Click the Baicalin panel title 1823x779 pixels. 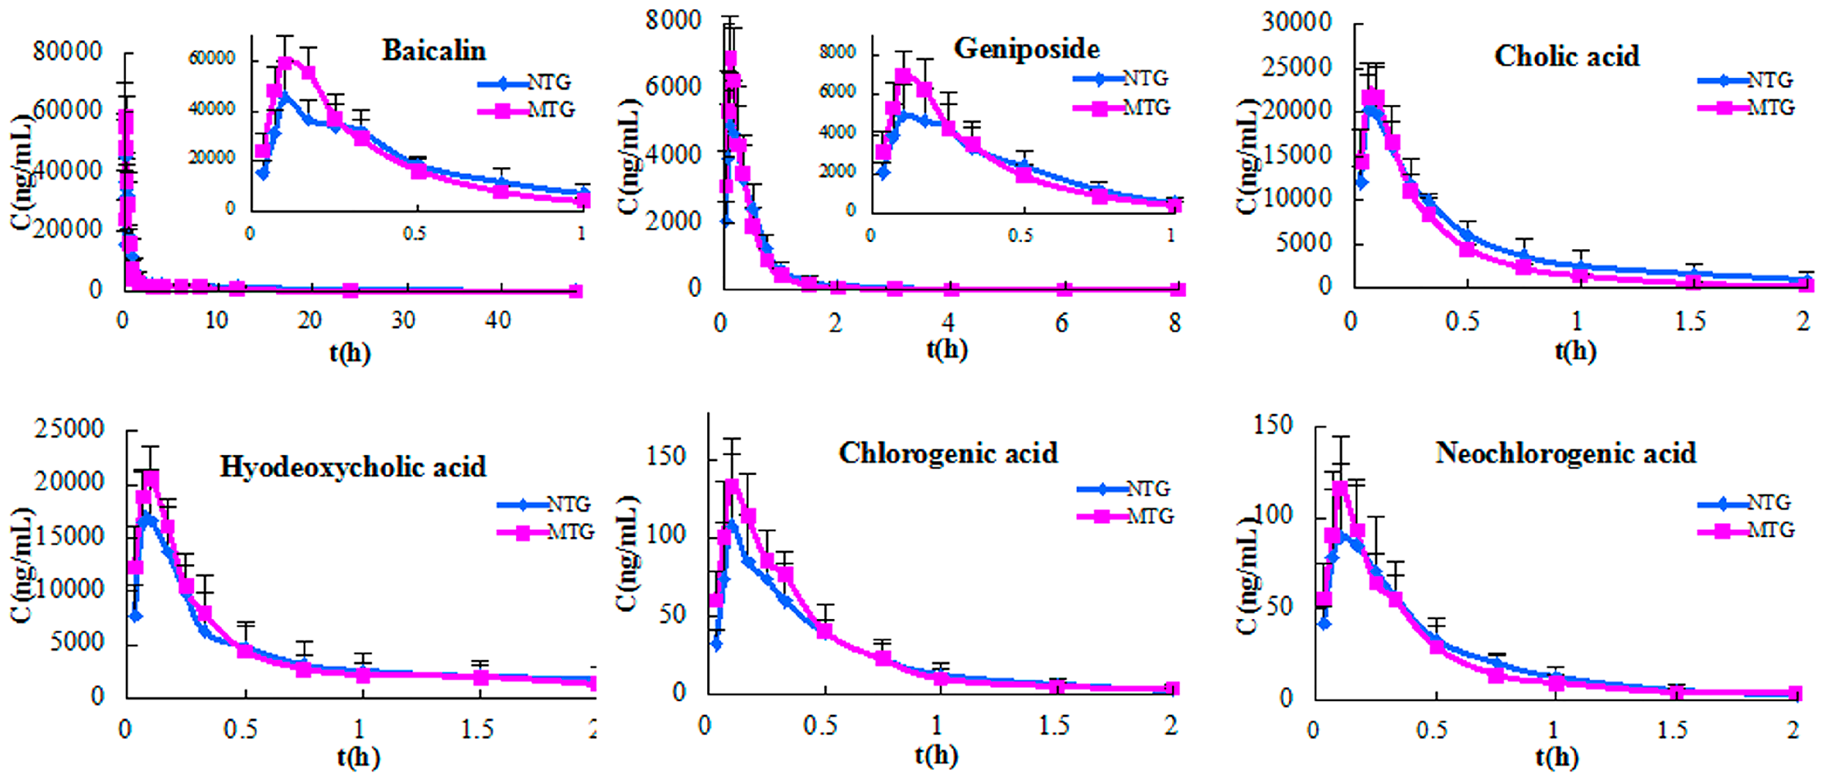click(434, 50)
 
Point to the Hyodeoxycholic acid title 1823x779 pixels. click(353, 466)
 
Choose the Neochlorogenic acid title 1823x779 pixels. click(1566, 453)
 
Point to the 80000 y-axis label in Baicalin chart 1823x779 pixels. click(67, 52)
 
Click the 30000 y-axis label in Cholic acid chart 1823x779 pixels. click(1296, 23)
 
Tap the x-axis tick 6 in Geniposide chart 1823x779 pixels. click(1062, 323)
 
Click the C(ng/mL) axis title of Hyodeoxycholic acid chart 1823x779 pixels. click(23, 565)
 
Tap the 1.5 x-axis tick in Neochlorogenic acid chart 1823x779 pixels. click(1672, 729)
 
